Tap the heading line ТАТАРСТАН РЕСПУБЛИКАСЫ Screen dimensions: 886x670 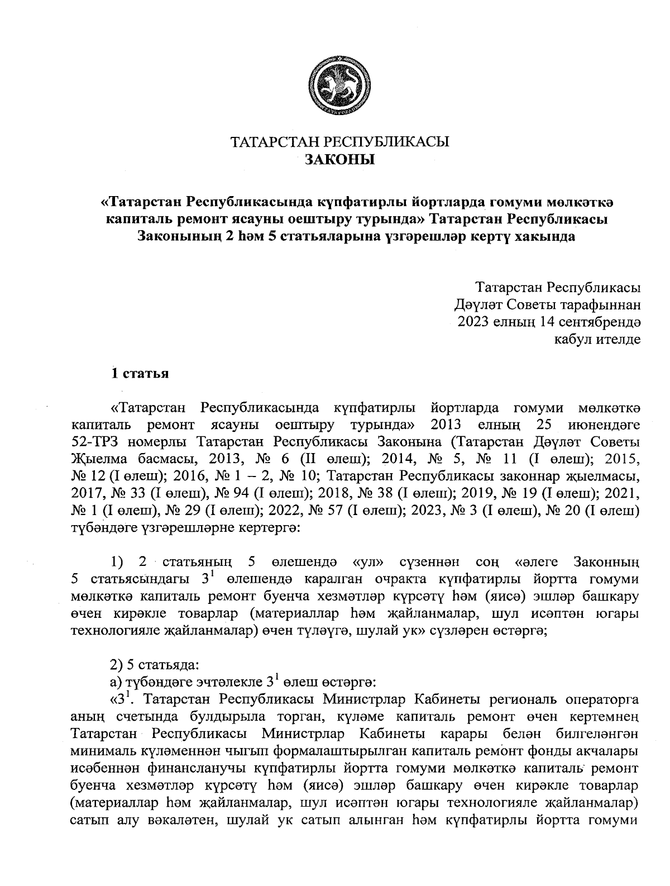click(x=340, y=142)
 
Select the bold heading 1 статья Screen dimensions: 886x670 click(x=140, y=373)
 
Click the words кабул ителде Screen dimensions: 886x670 click(x=597, y=339)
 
